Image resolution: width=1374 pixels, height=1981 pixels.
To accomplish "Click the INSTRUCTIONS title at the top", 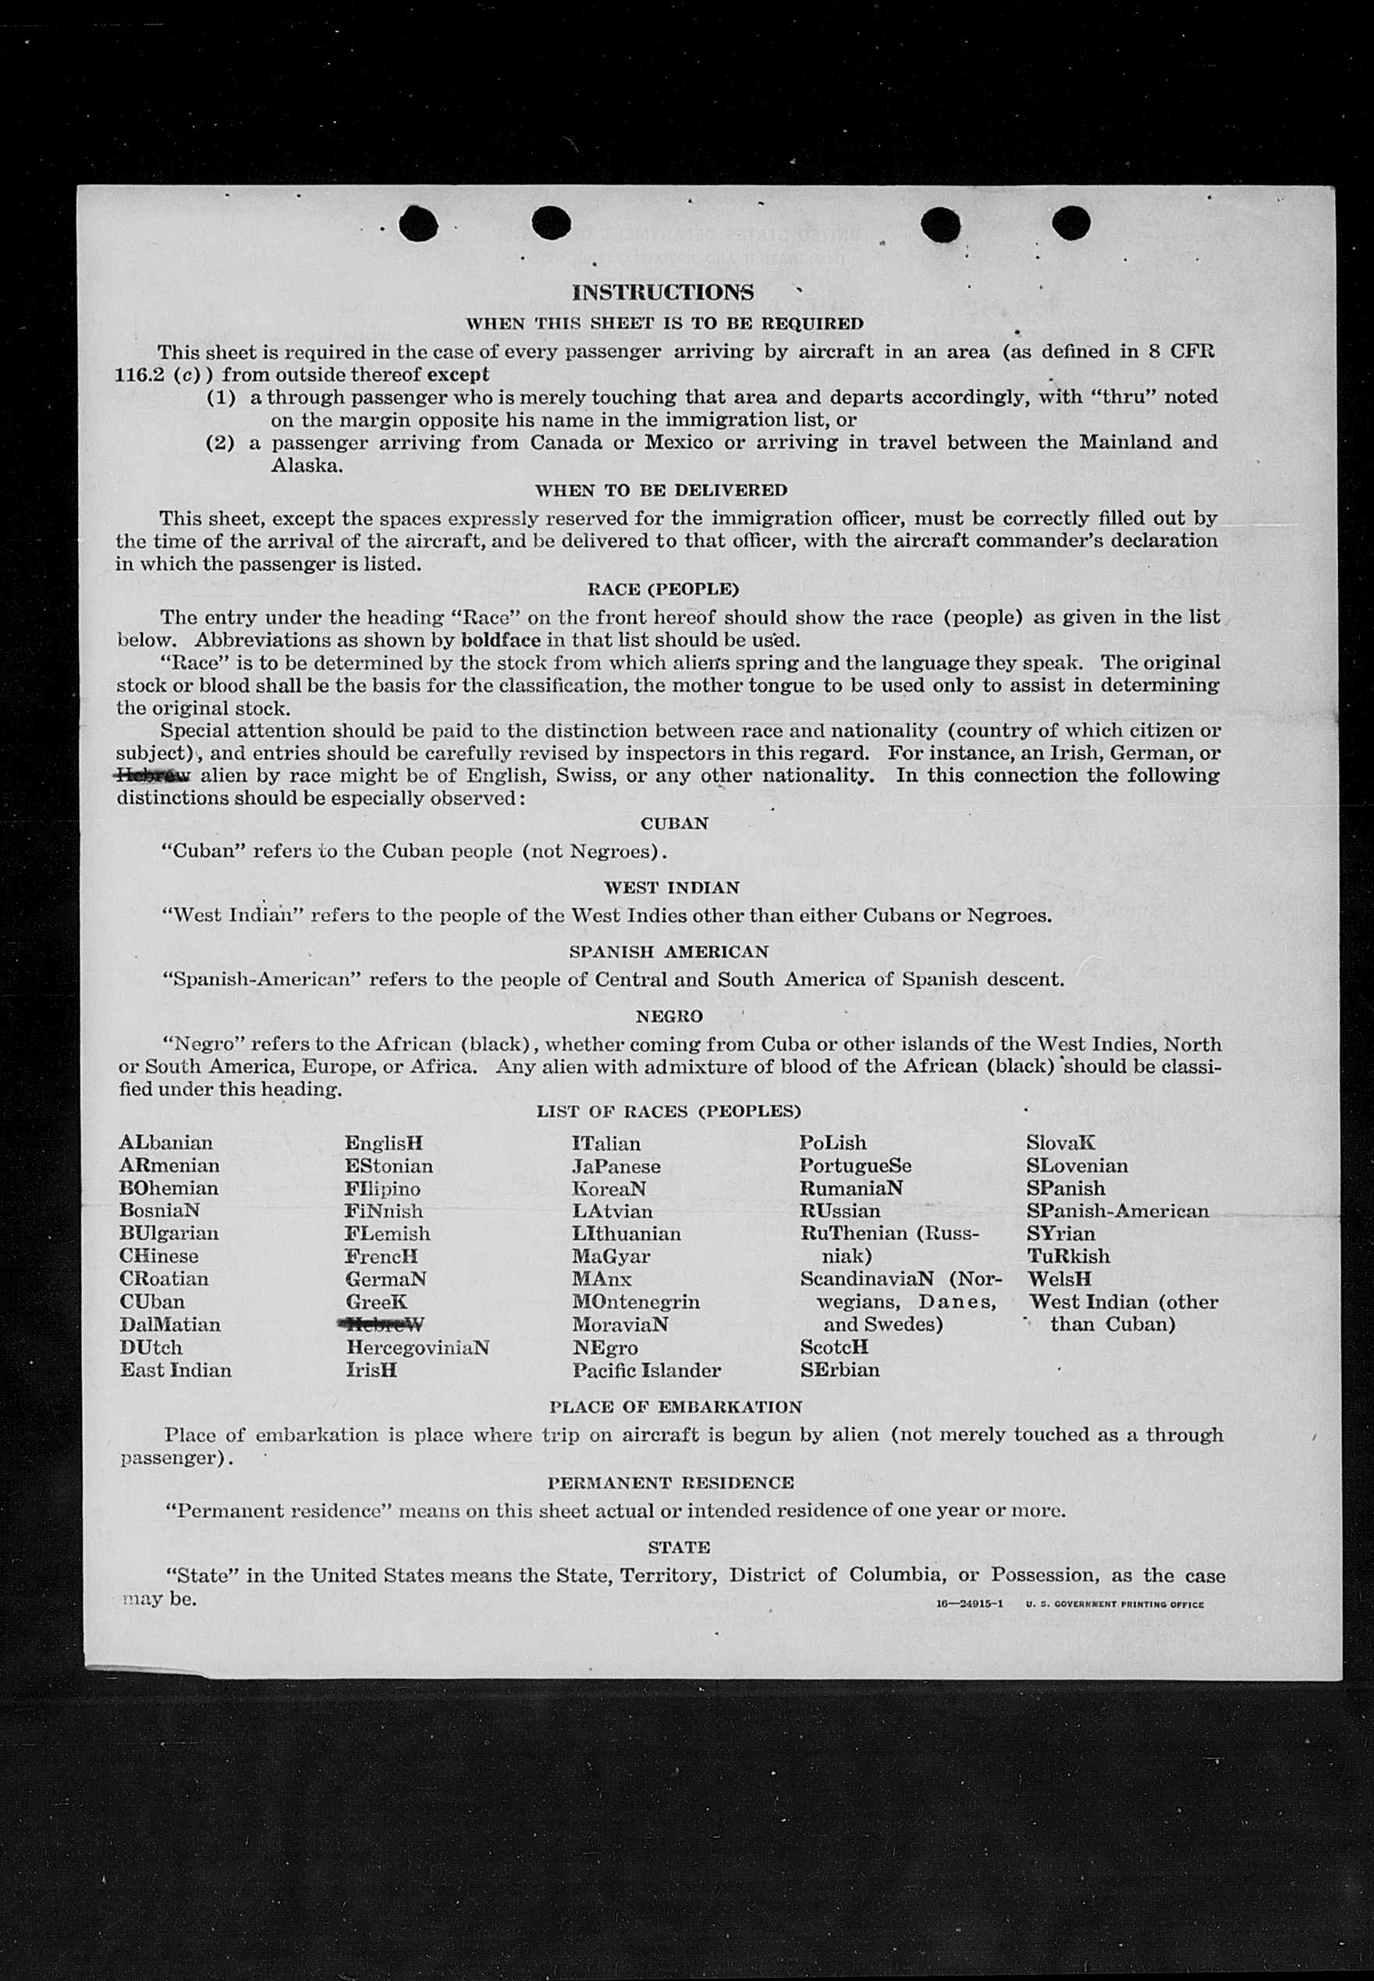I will pos(662,293).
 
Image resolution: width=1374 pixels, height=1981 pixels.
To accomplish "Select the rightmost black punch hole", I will pos(1070,223).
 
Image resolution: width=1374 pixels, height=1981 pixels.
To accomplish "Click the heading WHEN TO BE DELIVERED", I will pos(660,491).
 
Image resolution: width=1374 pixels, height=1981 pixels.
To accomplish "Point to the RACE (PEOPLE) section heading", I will pos(662,590).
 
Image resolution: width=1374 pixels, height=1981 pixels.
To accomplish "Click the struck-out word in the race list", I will pos(384,1324).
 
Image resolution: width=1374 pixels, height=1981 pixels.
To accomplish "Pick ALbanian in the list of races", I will pos(166,1143).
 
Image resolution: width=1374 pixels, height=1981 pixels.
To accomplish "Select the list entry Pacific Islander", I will pos(646,1370).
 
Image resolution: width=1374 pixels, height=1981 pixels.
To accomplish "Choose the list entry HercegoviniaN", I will pos(417,1347).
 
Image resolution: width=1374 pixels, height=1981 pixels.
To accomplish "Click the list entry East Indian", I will pos(176,1370).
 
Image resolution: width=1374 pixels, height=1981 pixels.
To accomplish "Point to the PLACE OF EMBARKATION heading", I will pos(675,1407).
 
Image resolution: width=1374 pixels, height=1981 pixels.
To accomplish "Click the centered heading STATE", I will pos(678,1547).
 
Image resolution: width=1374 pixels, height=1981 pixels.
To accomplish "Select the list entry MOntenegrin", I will pos(635,1301).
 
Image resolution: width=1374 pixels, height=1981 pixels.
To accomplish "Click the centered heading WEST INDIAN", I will pos(672,888).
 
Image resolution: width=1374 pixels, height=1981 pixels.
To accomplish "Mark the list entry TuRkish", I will pos(1067,1256).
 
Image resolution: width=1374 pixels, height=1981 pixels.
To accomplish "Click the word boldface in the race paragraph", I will pos(499,641).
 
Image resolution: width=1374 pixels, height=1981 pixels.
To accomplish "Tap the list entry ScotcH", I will pos(833,1347).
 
